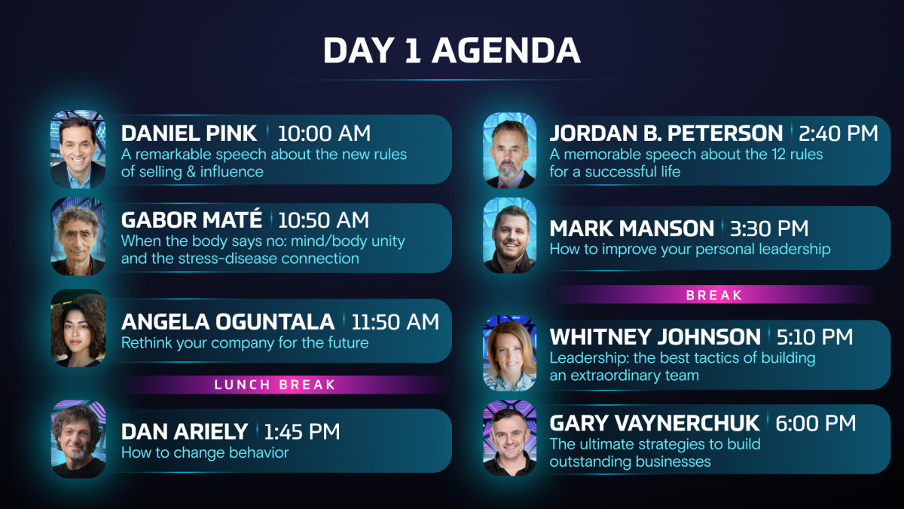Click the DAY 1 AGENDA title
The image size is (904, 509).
(x=451, y=51)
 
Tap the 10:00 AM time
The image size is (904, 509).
(x=324, y=133)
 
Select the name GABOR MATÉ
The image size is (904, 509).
(x=191, y=219)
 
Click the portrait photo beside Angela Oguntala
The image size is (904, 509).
(x=78, y=328)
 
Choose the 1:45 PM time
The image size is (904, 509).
(x=302, y=431)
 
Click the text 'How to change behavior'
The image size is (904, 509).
(x=205, y=452)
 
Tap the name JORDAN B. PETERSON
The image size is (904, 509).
(x=666, y=133)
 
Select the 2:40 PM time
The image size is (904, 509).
(x=838, y=133)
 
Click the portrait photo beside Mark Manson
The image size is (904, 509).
(x=510, y=235)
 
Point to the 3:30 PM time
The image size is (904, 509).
(x=769, y=228)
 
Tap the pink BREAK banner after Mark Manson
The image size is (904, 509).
(x=714, y=295)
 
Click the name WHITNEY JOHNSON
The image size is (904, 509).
(x=655, y=337)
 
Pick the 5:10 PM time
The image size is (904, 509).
(x=814, y=337)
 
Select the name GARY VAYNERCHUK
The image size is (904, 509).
(x=655, y=423)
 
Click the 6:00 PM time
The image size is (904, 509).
(x=816, y=423)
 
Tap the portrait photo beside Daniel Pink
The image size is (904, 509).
(x=78, y=149)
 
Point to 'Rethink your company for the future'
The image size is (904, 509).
(x=245, y=342)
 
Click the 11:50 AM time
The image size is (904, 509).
(x=395, y=321)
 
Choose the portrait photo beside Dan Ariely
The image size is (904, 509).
(x=78, y=439)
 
